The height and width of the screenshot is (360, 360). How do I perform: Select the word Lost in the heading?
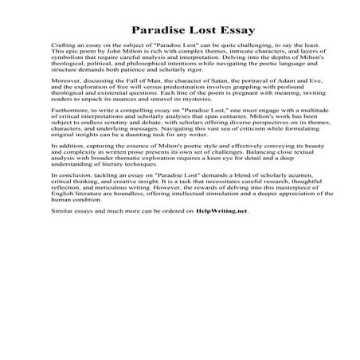coord(192,31)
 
